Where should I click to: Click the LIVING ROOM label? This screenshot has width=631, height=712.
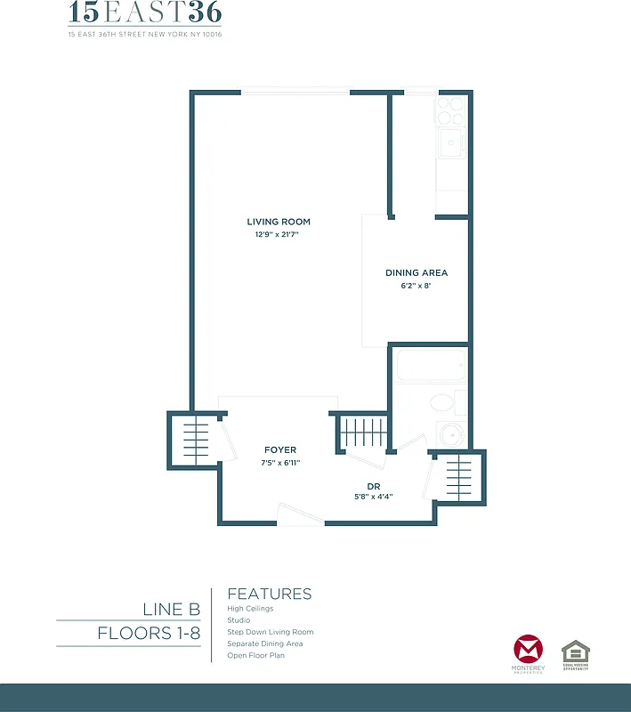[x=279, y=222]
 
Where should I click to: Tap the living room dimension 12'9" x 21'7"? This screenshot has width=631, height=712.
[x=279, y=235]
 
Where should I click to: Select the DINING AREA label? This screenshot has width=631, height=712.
[x=416, y=273]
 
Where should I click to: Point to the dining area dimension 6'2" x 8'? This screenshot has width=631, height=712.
[x=416, y=287]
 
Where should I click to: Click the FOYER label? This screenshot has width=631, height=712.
[x=280, y=450]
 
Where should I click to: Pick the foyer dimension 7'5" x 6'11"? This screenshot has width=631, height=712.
[x=280, y=463]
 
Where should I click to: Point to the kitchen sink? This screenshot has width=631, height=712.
[x=451, y=142]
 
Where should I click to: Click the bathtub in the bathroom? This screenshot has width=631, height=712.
[x=431, y=366]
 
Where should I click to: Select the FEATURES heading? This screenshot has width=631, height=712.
[x=270, y=594]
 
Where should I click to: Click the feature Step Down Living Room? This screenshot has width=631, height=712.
[x=271, y=632]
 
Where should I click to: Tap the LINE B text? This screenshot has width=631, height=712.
[x=171, y=610]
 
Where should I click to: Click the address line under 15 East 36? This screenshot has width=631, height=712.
[x=145, y=35]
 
